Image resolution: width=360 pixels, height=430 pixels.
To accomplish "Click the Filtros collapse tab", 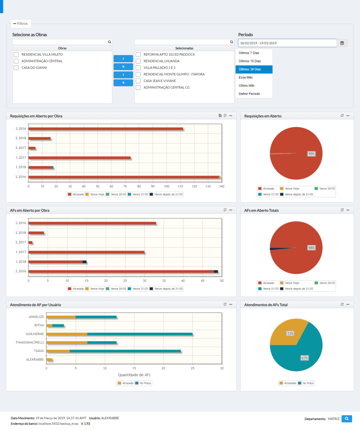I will point(21,23).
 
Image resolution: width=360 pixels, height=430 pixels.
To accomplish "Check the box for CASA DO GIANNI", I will point(16,68).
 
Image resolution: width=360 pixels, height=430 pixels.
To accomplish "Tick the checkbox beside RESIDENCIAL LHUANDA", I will point(138,61).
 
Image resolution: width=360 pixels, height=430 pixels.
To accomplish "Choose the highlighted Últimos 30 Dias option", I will point(254,69).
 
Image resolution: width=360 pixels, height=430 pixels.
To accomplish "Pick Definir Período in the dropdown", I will point(249,94).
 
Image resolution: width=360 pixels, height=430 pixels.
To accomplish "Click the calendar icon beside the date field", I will point(342,43).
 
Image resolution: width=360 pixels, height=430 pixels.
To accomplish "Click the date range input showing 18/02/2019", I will point(287,43).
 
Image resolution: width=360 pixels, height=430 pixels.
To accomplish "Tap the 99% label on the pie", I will point(311,154).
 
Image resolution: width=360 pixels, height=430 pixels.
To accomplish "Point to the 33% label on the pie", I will point(290,333).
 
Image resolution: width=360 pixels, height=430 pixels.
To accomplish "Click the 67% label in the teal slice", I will point(304,358).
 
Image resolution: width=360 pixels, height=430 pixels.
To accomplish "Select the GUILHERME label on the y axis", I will point(34,334).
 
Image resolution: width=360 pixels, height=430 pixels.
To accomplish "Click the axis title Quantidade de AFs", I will point(134,374).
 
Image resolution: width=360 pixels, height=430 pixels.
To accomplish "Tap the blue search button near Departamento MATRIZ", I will point(347,418).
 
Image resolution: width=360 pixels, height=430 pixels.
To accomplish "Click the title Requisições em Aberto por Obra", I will point(36,116).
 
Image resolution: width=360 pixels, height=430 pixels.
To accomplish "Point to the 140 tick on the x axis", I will point(222,186).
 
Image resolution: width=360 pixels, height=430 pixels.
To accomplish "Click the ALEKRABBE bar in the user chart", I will point(49,359).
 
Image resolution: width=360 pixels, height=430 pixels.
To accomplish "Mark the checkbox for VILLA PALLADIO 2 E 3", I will point(138,68).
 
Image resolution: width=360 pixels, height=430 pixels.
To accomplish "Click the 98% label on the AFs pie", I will point(311,248).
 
